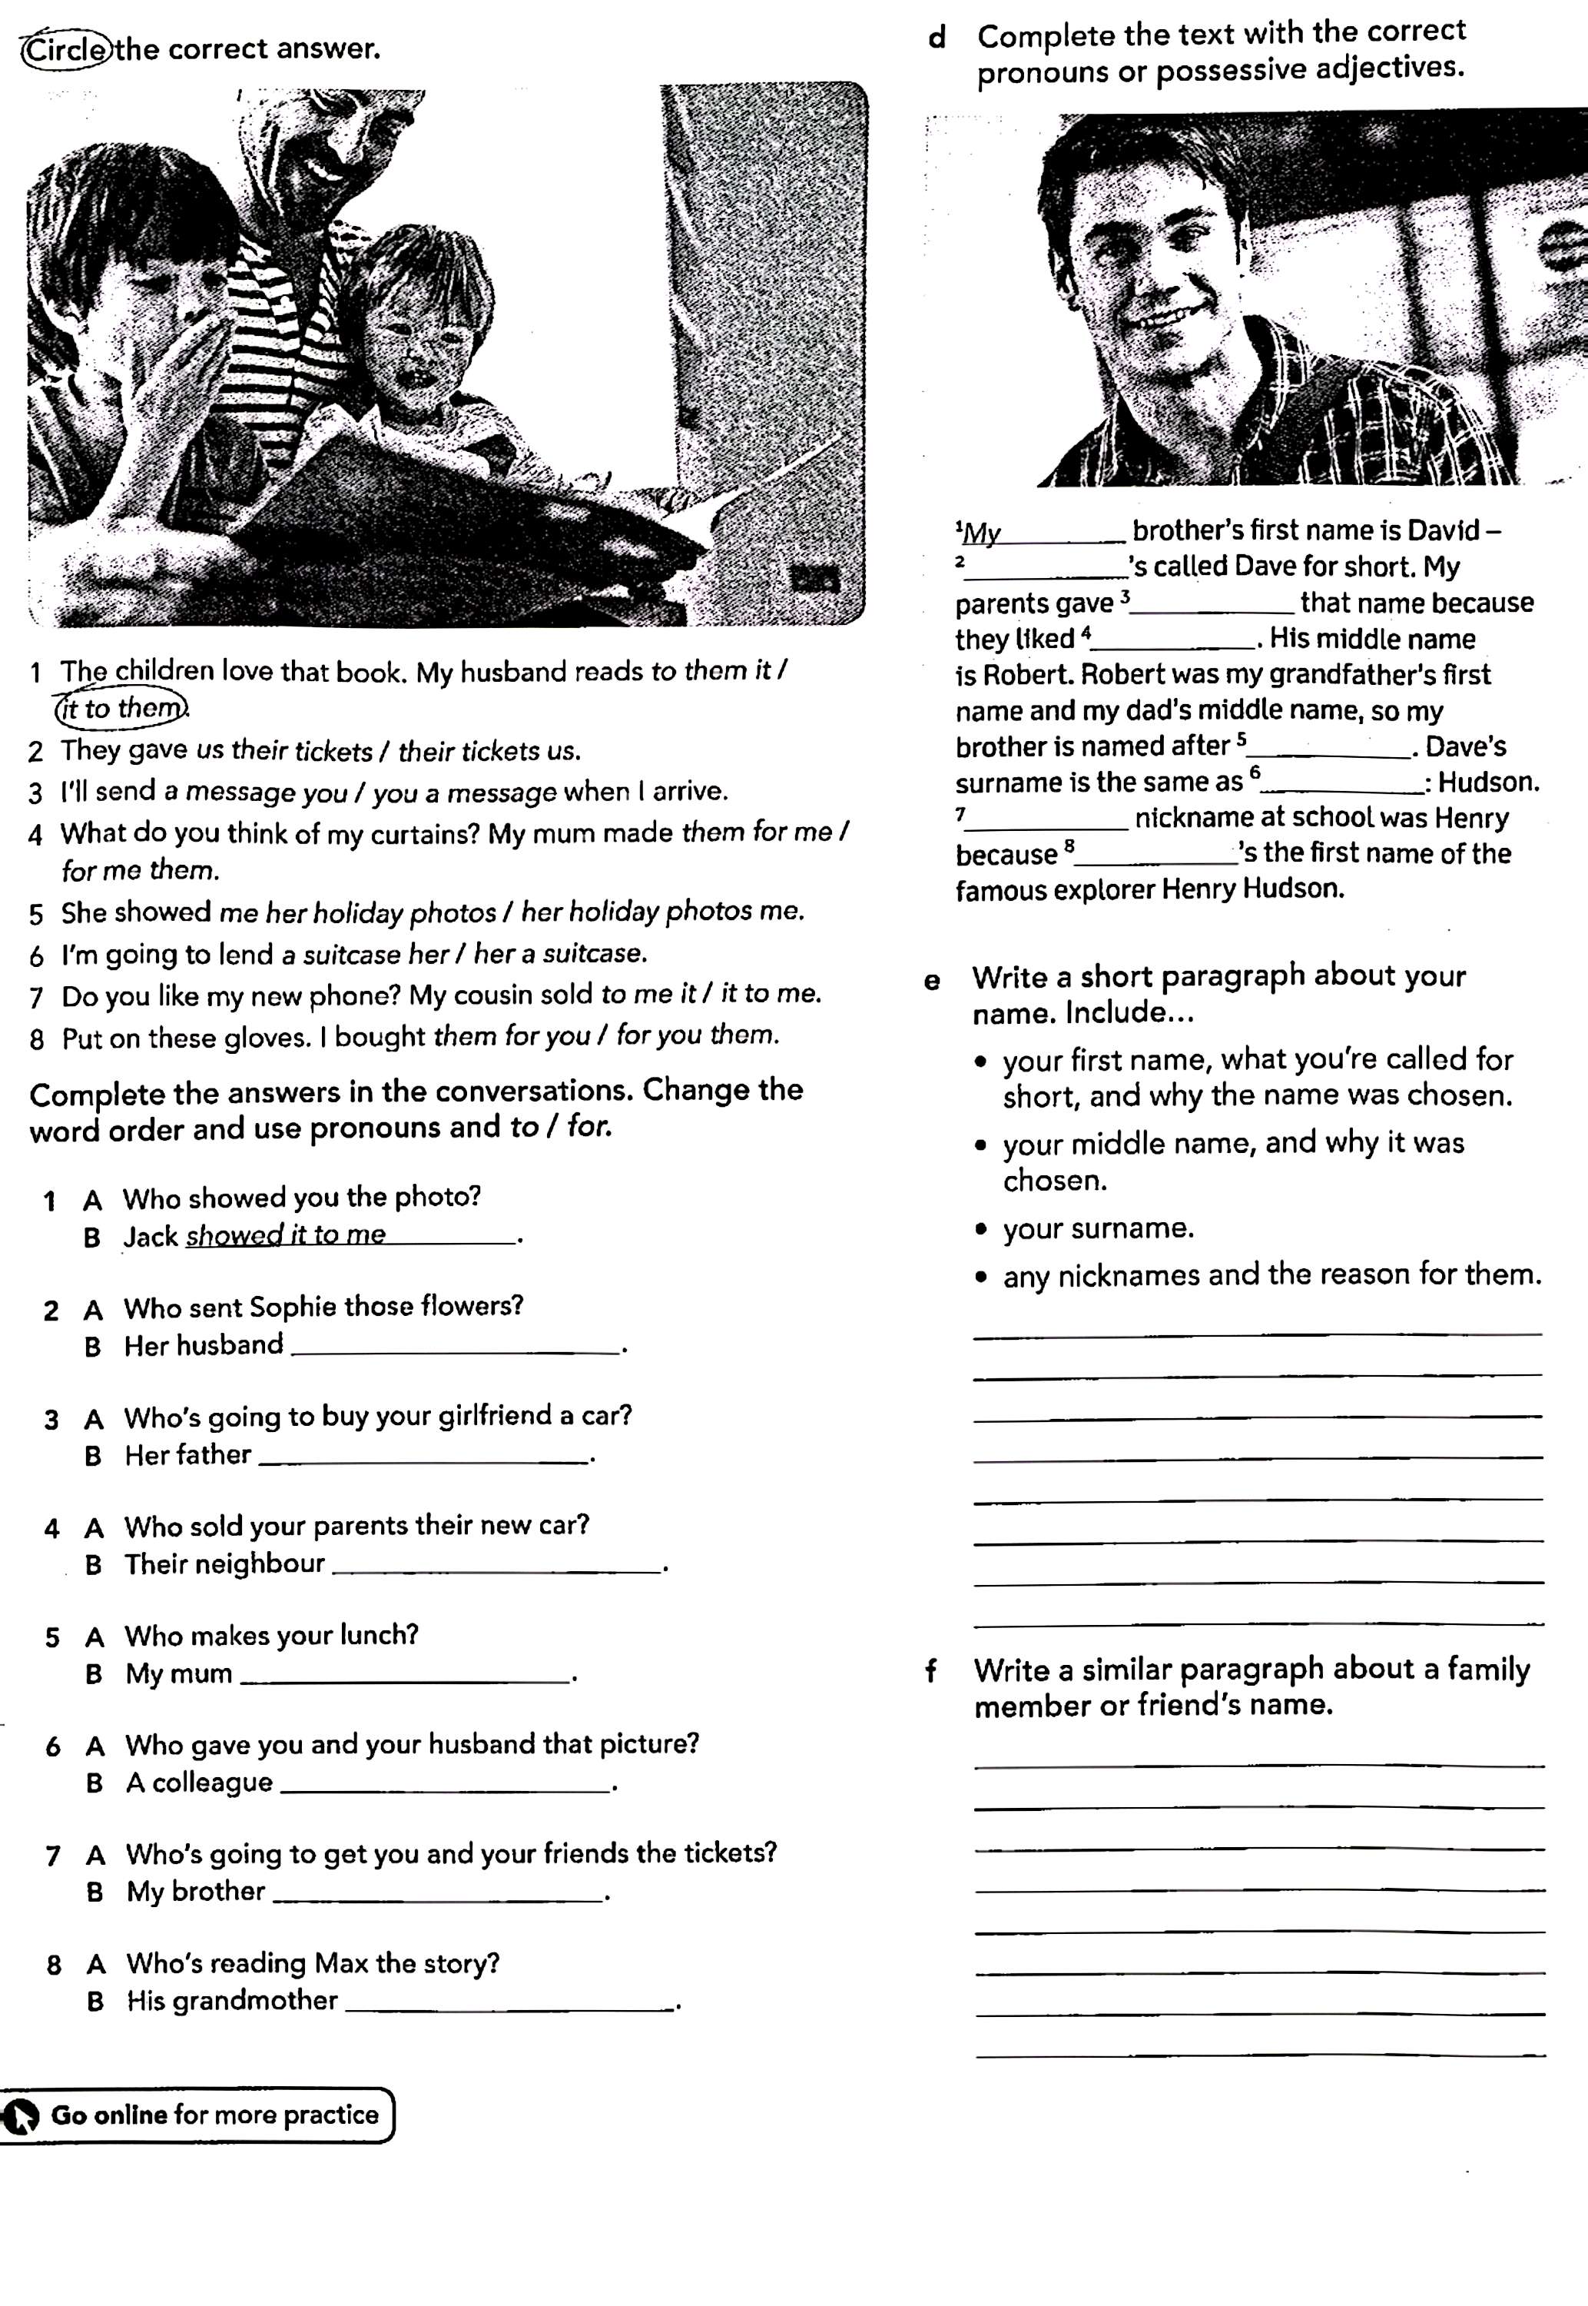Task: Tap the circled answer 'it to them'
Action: (x=121, y=709)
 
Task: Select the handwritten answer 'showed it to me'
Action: (x=286, y=1235)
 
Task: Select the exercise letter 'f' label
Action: (x=930, y=1671)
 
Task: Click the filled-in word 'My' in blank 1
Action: (x=983, y=533)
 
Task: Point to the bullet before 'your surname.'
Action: (x=982, y=1230)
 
